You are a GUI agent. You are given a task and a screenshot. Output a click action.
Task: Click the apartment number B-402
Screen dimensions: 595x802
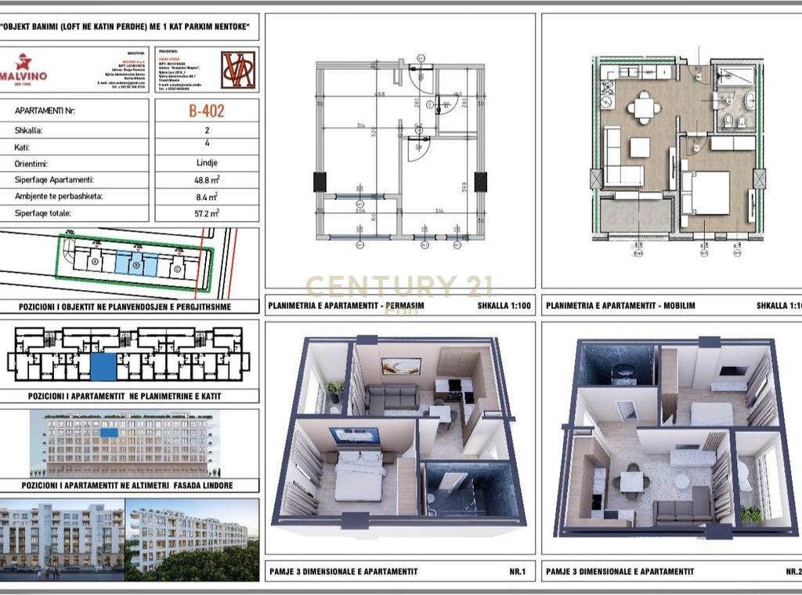[206, 111]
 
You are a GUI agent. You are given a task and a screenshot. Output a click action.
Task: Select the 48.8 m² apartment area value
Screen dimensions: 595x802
[206, 180]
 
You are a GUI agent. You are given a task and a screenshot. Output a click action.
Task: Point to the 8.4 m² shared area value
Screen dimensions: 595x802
[206, 196]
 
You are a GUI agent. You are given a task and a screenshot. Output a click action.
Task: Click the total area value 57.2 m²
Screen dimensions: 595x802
[206, 212]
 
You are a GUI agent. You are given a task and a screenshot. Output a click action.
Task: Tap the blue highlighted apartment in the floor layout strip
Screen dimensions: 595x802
[103, 366]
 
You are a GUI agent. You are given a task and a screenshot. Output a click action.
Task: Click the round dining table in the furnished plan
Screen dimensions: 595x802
[644, 107]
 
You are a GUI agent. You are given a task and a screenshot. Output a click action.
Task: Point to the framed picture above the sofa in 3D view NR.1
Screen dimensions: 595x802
[401, 366]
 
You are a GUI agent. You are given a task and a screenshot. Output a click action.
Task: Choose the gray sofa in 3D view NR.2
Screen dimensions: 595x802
[683, 511]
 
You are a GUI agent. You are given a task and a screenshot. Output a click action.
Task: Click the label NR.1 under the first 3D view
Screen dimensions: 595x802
[516, 571]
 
